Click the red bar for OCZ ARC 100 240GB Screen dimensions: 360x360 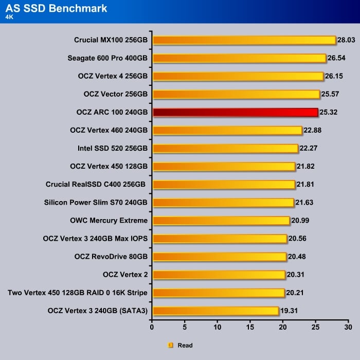(x=235, y=113)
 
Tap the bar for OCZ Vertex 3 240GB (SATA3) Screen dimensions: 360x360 (x=215, y=311)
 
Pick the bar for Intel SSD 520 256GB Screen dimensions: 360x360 (x=225, y=149)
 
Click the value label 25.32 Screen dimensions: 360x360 (x=328, y=113)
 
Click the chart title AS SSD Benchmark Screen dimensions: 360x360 (x=57, y=8)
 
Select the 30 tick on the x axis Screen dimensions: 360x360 (x=348, y=327)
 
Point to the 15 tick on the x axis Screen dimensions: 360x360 (x=250, y=327)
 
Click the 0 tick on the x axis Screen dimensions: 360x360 (x=152, y=327)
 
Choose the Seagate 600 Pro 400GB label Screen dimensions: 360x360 (x=107, y=58)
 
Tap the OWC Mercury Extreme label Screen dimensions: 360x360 (x=109, y=221)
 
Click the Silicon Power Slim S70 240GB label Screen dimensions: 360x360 (x=96, y=203)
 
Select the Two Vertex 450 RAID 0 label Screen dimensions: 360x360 (x=78, y=293)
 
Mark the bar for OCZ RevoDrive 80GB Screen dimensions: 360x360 (x=220, y=257)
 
